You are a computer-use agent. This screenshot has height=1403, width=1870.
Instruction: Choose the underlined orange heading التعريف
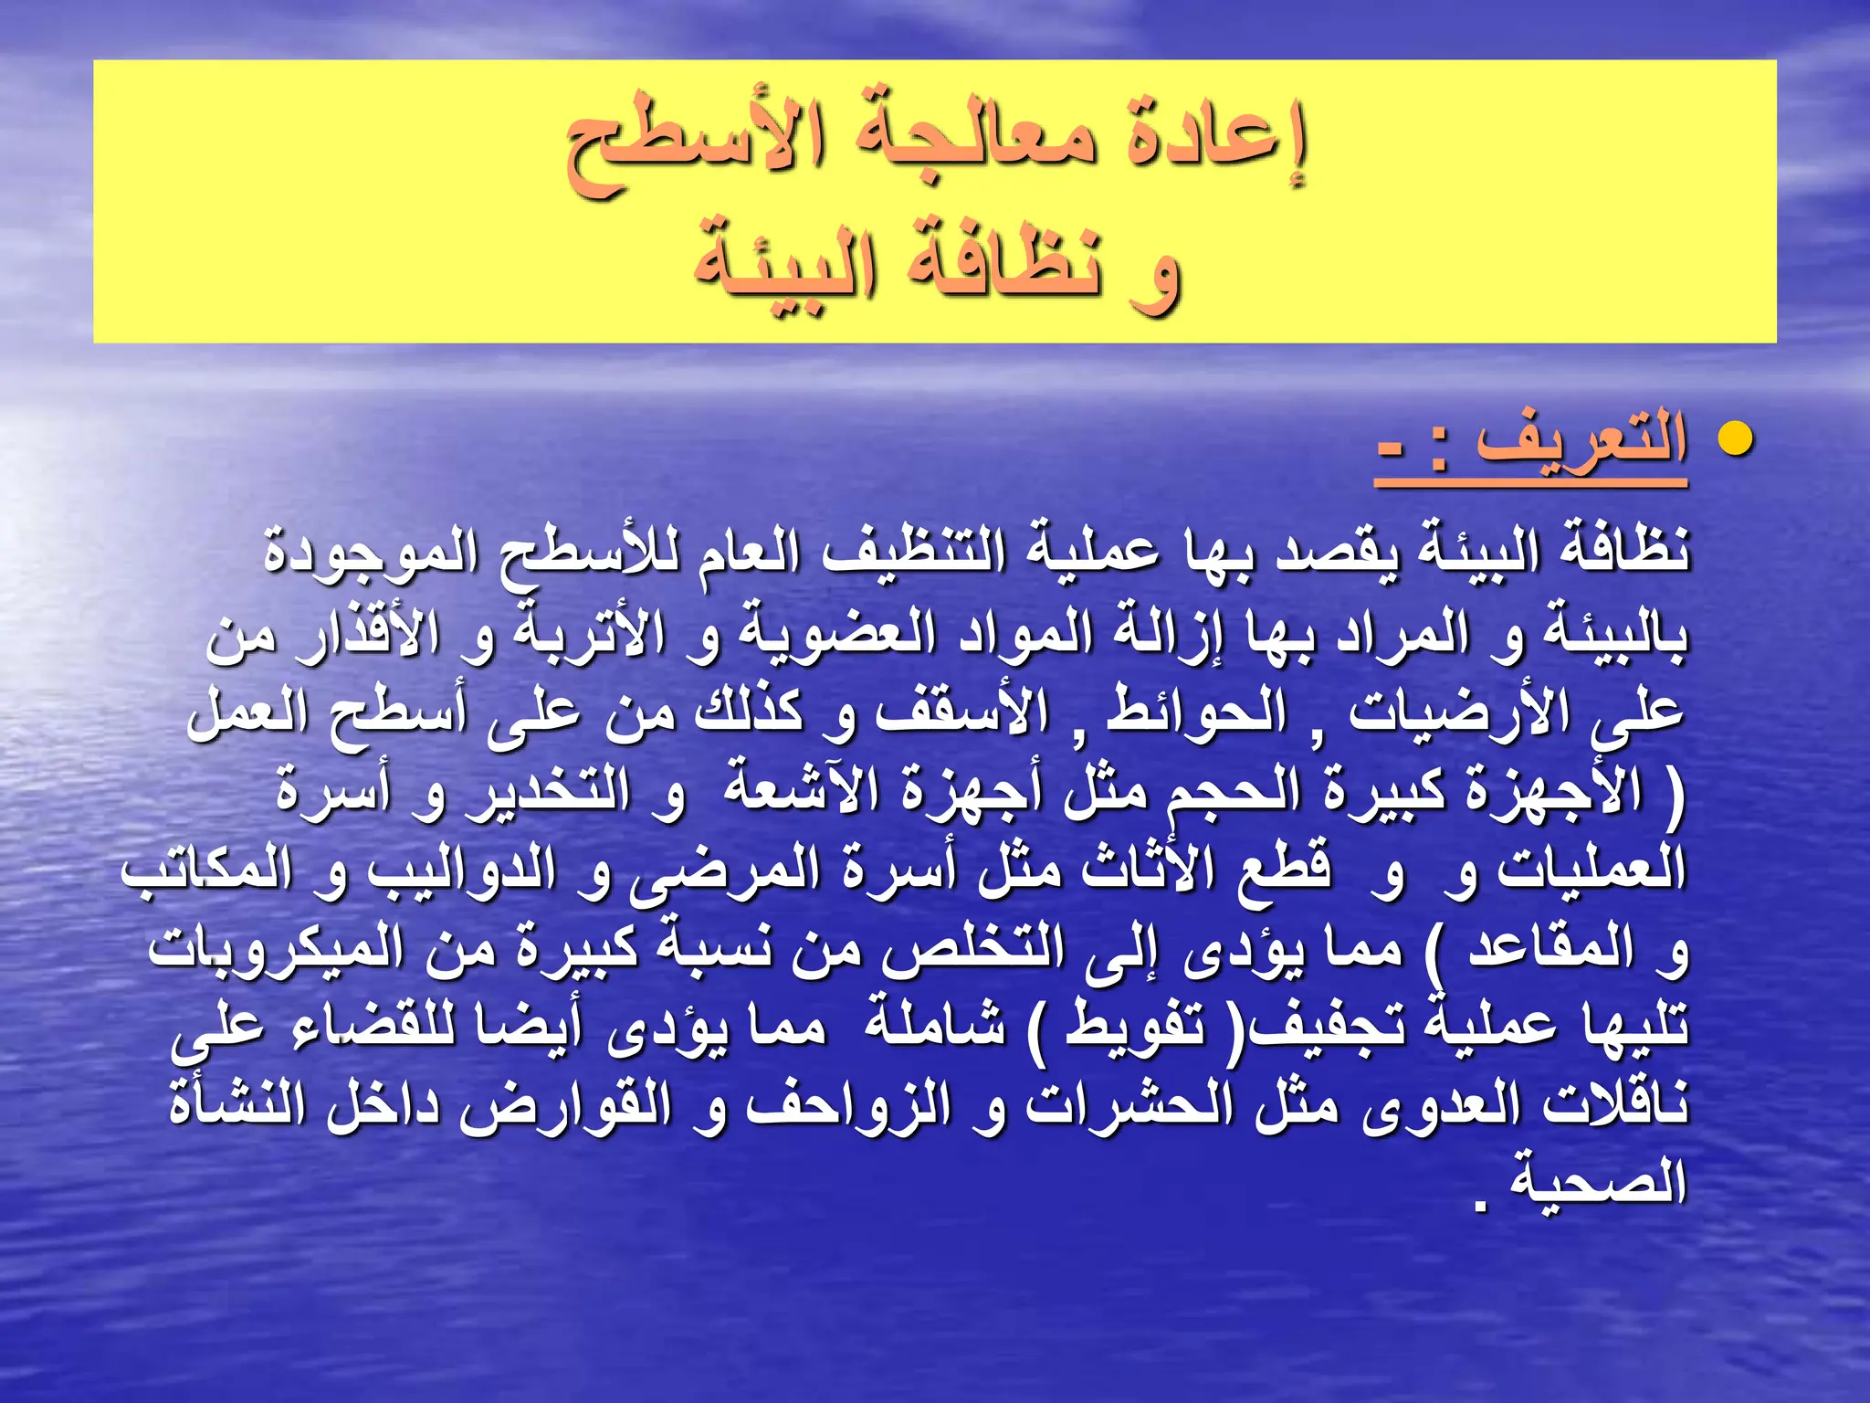[x=1581, y=442]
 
